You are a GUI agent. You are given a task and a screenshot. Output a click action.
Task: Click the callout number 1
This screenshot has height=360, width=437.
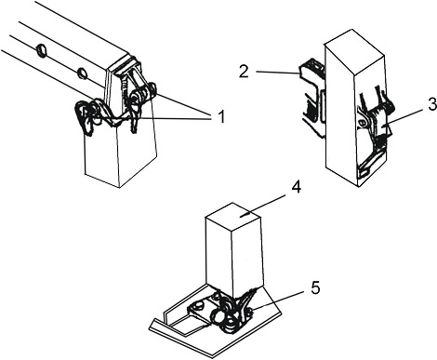coord(220,117)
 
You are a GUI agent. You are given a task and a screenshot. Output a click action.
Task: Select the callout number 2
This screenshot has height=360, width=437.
coord(244,72)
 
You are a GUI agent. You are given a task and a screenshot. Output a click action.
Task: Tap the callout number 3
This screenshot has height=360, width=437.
coord(432,104)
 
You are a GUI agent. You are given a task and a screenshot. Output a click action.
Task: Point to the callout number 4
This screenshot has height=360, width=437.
coord(296,187)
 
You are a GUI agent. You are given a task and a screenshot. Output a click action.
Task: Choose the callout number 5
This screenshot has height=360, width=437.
coord(315,288)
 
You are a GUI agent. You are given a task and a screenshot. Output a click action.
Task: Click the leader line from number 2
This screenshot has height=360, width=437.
coord(278,73)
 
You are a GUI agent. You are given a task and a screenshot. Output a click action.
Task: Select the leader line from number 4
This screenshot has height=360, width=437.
coord(266,205)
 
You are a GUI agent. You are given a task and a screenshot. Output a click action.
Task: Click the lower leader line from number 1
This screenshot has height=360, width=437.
coord(174,118)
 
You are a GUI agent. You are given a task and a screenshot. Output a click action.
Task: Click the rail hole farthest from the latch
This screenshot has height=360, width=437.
coord(41,49)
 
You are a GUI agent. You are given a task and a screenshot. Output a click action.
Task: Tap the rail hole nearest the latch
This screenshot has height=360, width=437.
coord(82,73)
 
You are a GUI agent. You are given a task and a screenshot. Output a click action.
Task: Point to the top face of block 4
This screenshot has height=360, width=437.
coord(232,216)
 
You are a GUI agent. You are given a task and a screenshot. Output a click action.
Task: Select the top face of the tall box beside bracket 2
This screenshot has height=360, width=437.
coord(354,52)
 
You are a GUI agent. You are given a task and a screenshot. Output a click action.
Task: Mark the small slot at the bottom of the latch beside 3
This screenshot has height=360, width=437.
coord(364,171)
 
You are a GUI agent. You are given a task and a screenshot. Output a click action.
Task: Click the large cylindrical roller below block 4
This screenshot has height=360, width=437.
coord(217,317)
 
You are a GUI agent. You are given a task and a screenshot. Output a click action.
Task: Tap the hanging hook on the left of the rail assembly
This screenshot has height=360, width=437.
coord(85,119)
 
